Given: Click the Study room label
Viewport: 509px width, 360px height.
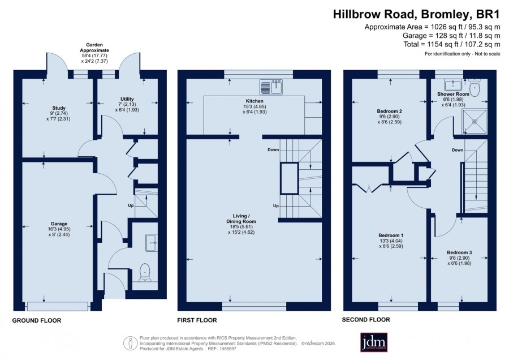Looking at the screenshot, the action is (59, 108).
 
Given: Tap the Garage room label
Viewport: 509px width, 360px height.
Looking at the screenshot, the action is (59, 224).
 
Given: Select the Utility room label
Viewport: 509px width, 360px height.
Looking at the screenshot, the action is (127, 98).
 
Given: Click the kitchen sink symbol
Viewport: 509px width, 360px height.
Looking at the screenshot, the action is (271, 87).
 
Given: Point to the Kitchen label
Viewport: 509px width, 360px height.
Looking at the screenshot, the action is (255, 101).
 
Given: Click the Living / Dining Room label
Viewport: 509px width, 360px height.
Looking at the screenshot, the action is (241, 218).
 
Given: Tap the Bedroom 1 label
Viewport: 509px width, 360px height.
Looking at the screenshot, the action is (391, 235).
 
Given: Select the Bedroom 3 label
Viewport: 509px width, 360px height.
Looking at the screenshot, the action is (459, 252).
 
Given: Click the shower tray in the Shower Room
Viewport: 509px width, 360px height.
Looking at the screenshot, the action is (475, 122).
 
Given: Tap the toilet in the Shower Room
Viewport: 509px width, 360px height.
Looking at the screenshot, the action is (475, 87).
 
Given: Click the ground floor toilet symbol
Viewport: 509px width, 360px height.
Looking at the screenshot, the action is (144, 272).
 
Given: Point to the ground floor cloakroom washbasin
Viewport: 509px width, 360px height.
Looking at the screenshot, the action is (151, 242).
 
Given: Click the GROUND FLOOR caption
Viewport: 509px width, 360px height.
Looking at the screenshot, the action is (37, 320).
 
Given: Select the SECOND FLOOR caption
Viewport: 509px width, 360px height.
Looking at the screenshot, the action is (366, 320).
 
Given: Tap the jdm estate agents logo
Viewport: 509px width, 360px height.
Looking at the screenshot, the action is (374, 342).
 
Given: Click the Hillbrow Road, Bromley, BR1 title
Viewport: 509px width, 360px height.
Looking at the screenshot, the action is (416, 14).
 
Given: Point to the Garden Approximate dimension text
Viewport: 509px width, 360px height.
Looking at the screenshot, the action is (94, 53).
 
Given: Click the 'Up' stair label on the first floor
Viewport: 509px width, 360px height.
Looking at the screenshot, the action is (276, 205).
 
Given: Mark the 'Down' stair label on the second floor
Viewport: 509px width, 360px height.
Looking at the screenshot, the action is (458, 150).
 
